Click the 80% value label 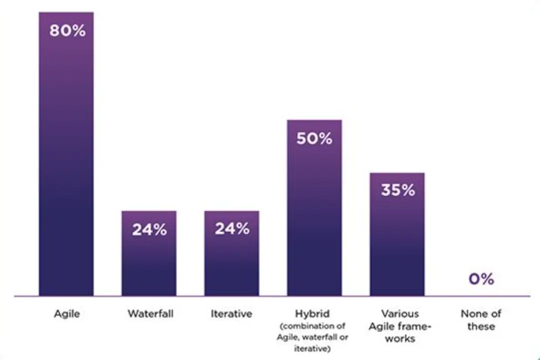click(67, 31)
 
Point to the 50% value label click(314, 139)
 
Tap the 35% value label click(398, 190)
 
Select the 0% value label click(481, 279)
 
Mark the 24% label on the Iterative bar click(232, 229)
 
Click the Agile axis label click(67, 314)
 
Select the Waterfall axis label click(150, 314)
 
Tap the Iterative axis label click(232, 314)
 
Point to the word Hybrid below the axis click(312, 314)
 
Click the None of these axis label click(481, 320)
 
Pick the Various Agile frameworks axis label click(400, 326)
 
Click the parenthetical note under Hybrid click(312, 338)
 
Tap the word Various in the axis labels click(400, 314)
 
